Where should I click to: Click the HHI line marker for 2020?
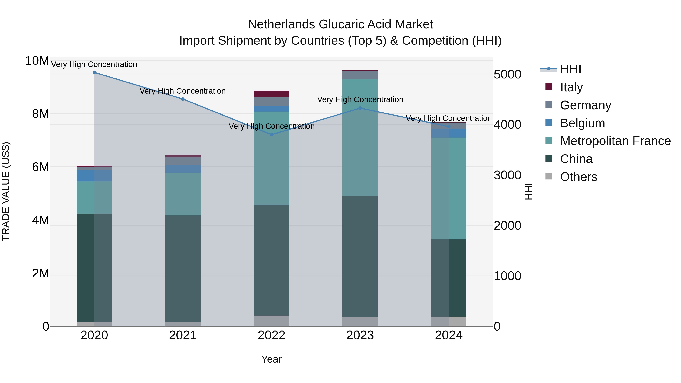tap(94, 72)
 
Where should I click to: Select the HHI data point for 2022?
tap(271, 134)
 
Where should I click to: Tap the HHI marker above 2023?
tap(360, 108)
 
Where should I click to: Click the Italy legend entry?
tap(571, 87)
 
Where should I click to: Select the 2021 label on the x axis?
tap(183, 335)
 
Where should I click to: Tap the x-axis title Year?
tap(271, 359)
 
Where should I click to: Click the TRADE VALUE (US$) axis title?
tap(6, 191)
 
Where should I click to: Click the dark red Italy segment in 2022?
tap(271, 94)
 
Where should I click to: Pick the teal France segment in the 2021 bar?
tap(183, 194)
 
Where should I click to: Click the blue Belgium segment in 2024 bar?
tap(449, 133)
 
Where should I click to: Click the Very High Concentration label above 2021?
tap(183, 91)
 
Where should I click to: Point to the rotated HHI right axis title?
tap(528, 191)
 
